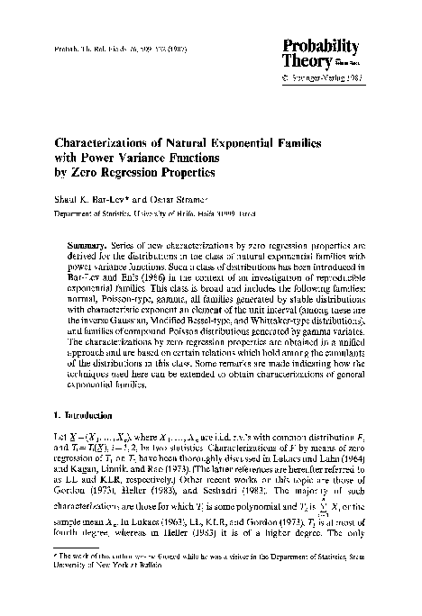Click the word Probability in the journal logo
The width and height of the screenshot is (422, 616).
[323, 46]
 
